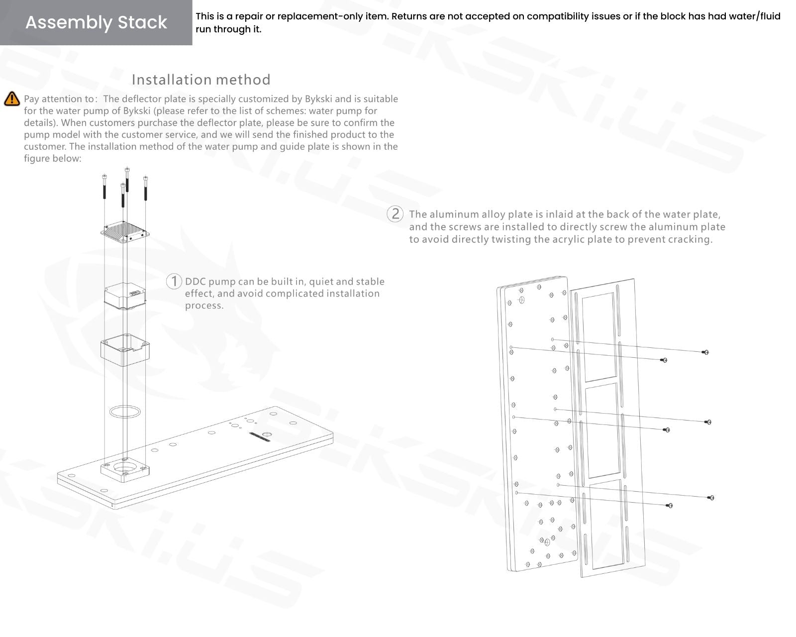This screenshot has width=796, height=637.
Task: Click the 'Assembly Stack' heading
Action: pos(96,22)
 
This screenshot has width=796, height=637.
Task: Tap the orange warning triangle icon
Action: pos(12,99)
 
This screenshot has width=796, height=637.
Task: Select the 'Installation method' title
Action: pos(201,80)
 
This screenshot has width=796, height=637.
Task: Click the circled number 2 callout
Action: pos(395,214)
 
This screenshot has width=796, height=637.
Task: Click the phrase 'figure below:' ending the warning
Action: pos(53,159)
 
